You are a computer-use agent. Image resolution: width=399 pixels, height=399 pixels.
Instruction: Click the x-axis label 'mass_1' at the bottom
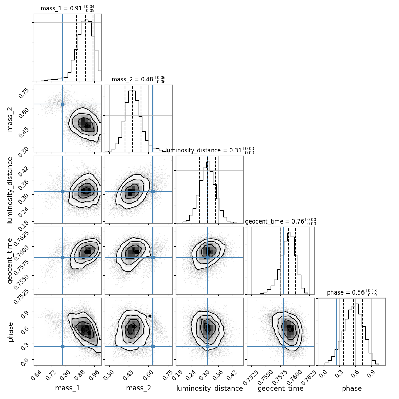tap(68, 388)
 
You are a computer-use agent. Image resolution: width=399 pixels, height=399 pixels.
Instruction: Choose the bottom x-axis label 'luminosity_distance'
tap(210, 388)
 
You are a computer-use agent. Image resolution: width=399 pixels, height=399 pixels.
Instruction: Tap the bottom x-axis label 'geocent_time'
tap(281, 388)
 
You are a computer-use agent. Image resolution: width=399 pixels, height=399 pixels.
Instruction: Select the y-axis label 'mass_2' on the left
tap(10, 119)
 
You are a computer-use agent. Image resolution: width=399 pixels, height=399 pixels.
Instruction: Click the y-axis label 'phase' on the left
tap(10, 332)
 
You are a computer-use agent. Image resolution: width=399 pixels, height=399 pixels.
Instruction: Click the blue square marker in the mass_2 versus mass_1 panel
tap(63, 104)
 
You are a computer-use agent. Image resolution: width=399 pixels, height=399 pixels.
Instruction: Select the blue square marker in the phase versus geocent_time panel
tap(284, 346)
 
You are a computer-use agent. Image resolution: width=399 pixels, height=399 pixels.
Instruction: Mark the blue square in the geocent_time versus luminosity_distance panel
tap(208, 257)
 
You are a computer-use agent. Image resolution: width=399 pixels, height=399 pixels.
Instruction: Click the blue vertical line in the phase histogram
tap(337, 332)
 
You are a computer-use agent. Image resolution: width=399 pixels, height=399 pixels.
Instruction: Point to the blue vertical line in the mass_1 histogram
tap(63, 48)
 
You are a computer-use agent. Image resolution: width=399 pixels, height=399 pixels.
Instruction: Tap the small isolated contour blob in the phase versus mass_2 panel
tap(150, 316)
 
